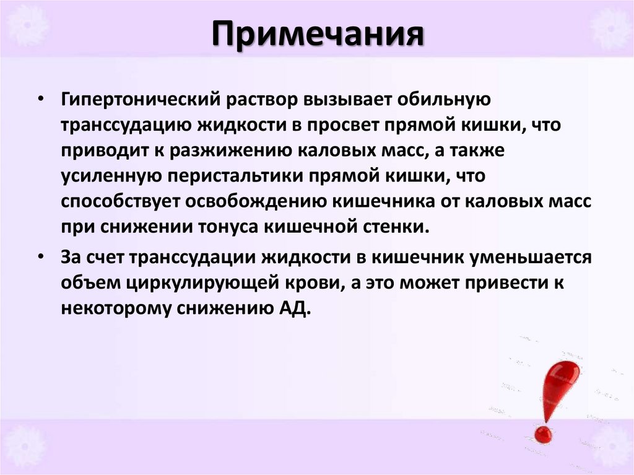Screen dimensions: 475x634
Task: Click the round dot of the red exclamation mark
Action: coord(543,434)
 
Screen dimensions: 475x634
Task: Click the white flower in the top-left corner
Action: coord(25,25)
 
